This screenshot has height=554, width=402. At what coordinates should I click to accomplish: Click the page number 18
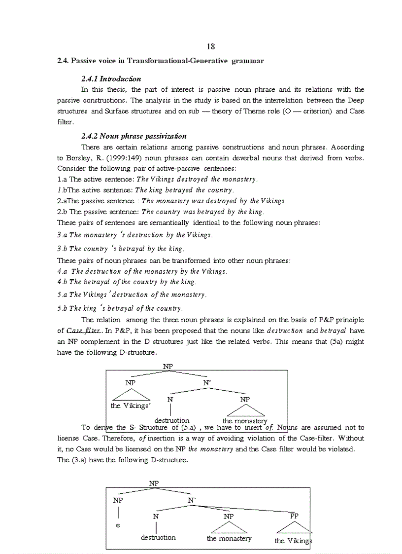[x=210, y=47]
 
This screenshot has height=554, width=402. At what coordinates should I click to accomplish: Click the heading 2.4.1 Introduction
[x=111, y=79]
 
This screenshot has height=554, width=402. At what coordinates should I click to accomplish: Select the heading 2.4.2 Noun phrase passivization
[x=134, y=136]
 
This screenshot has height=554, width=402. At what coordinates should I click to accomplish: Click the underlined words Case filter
[x=83, y=331]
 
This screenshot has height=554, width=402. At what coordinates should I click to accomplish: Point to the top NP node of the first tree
[x=168, y=367]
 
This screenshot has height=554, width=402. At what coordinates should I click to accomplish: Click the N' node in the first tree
[x=207, y=382]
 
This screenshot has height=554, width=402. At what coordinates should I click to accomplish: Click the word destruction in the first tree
[x=171, y=421]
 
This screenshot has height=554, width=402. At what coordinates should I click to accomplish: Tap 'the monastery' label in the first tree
[x=245, y=421]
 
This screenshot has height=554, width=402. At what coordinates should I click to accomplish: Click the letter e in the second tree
[x=118, y=525]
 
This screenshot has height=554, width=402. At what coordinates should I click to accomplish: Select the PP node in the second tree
[x=294, y=516]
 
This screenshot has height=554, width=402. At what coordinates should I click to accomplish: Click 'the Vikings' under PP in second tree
[x=293, y=541]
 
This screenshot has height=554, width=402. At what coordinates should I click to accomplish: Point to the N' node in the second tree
[x=192, y=500]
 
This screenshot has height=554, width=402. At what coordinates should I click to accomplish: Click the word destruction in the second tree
[x=158, y=537]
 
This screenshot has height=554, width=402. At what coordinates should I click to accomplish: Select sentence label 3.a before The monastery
[x=62, y=235]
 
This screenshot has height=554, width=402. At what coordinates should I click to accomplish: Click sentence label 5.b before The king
[x=62, y=308]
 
